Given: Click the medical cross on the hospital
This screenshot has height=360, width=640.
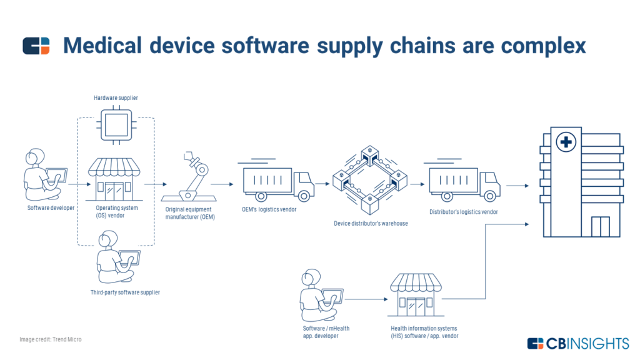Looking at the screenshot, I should [x=566, y=143].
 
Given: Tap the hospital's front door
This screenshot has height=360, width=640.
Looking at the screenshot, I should [x=601, y=227].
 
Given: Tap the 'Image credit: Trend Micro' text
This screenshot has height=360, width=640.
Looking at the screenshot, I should [x=50, y=339].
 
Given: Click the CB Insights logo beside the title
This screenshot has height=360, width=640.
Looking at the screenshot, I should [x=36, y=46].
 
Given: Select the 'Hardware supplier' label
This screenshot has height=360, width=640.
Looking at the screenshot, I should [x=116, y=98].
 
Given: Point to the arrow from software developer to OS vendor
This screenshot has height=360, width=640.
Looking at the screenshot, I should [x=77, y=184].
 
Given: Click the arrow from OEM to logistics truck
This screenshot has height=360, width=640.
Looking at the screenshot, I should [x=222, y=184].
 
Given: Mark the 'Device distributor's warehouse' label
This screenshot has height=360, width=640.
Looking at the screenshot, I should [x=371, y=223].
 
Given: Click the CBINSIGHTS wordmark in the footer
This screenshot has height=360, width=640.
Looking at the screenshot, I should [x=587, y=343].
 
